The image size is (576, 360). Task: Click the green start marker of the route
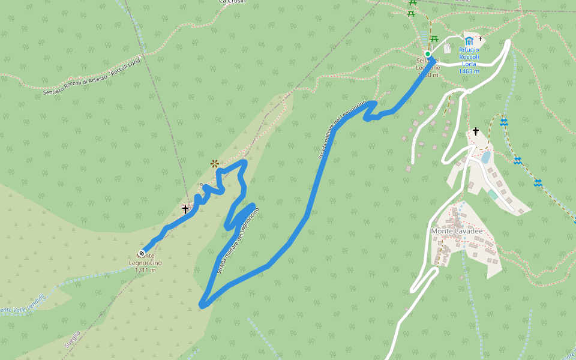(427, 54)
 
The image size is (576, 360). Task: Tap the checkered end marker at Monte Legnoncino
(142, 253)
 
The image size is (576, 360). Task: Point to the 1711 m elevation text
(145, 270)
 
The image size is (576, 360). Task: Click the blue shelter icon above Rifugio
(469, 41)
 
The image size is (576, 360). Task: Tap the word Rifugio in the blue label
(469, 50)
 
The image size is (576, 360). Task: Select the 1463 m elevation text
(468, 71)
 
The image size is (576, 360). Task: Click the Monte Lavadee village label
(457, 231)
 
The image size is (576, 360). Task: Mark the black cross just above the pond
(476, 131)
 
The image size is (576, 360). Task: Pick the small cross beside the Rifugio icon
(480, 38)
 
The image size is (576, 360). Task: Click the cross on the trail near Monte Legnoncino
(185, 209)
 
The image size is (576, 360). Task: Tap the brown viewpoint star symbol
(214, 163)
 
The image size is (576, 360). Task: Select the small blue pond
(485, 157)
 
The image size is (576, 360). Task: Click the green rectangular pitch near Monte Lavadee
(493, 195)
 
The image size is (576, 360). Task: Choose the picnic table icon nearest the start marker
(434, 39)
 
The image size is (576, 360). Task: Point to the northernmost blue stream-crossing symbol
(503, 122)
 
